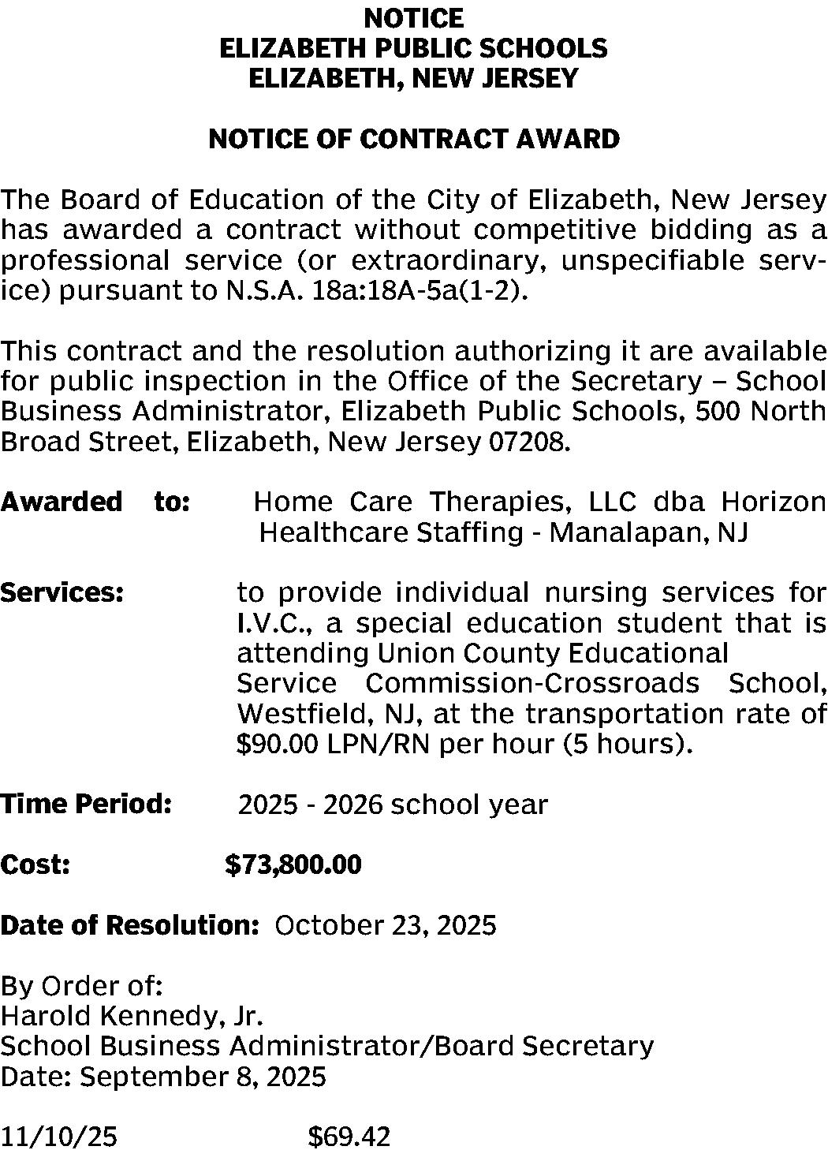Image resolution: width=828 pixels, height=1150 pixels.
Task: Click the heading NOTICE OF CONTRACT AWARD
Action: (414, 140)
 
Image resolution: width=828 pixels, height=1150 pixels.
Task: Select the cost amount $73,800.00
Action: (293, 865)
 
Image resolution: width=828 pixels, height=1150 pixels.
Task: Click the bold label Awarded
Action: (62, 502)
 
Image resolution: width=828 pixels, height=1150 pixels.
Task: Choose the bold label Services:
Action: (62, 592)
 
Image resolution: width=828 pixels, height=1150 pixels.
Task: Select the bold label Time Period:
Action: (86, 805)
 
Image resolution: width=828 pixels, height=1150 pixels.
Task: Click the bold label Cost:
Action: (36, 865)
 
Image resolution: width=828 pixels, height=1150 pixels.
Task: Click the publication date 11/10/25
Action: (59, 1137)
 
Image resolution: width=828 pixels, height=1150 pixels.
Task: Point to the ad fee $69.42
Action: (349, 1137)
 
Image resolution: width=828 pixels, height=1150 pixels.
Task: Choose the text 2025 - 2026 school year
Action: (393, 805)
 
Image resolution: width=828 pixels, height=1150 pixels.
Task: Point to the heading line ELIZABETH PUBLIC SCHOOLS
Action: (414, 48)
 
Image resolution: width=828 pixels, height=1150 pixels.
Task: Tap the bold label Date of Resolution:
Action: (130, 925)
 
